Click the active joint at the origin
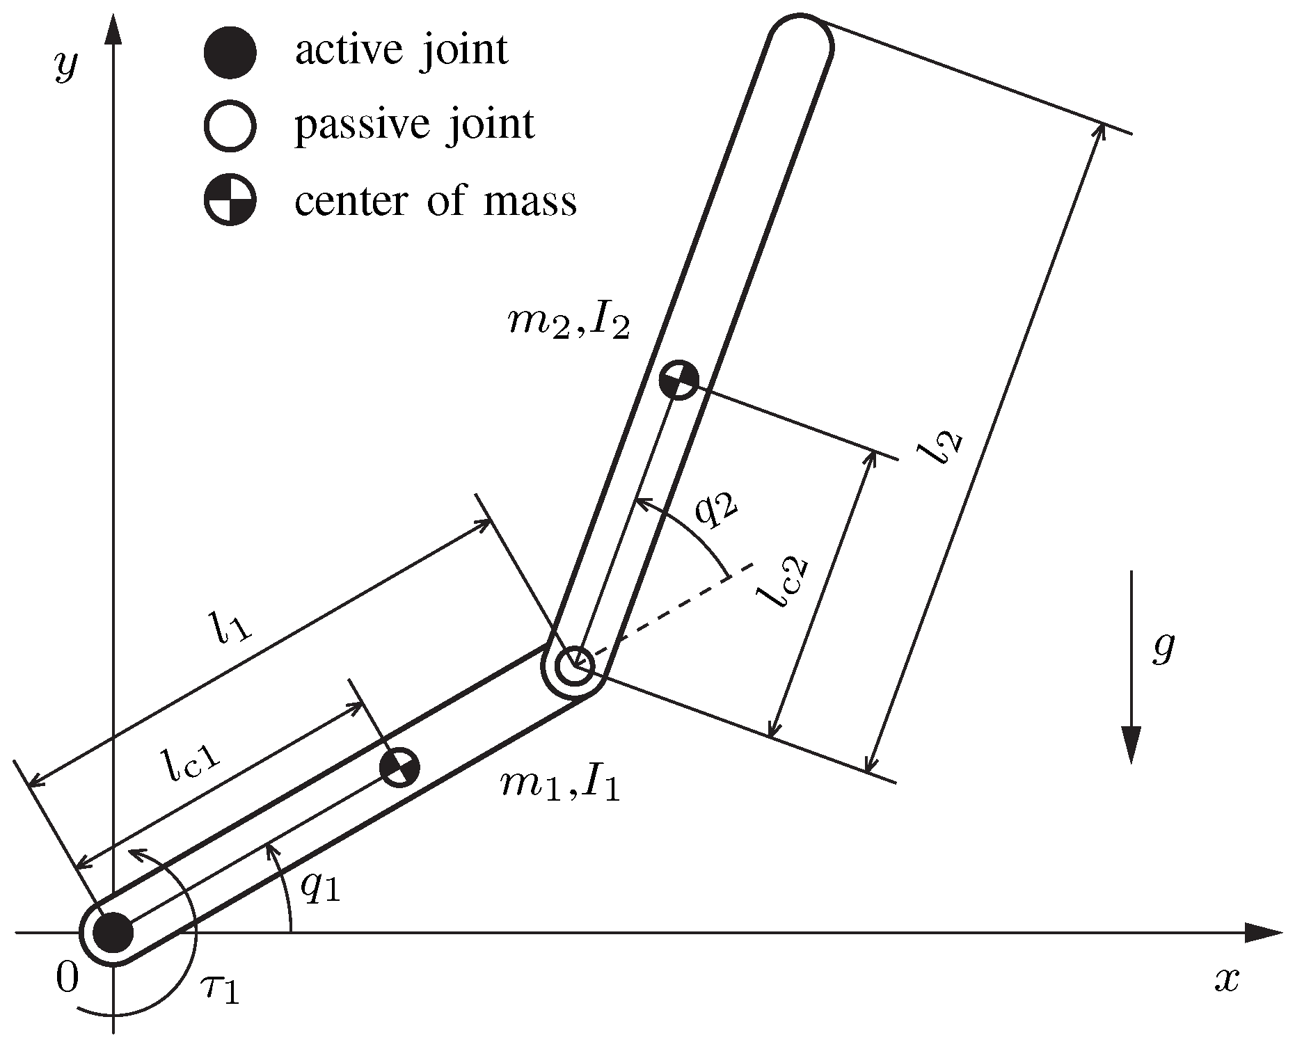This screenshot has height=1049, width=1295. [x=113, y=933]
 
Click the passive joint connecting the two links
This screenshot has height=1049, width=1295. [x=575, y=666]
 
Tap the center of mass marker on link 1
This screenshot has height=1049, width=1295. [x=399, y=767]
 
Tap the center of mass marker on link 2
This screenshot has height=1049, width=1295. [x=678, y=380]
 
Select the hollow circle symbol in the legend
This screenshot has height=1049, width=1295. [x=230, y=126]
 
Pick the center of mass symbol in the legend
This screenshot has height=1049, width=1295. [x=230, y=200]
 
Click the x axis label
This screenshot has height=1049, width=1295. [x=1227, y=979]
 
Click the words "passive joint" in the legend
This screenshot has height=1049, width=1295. [x=415, y=126]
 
